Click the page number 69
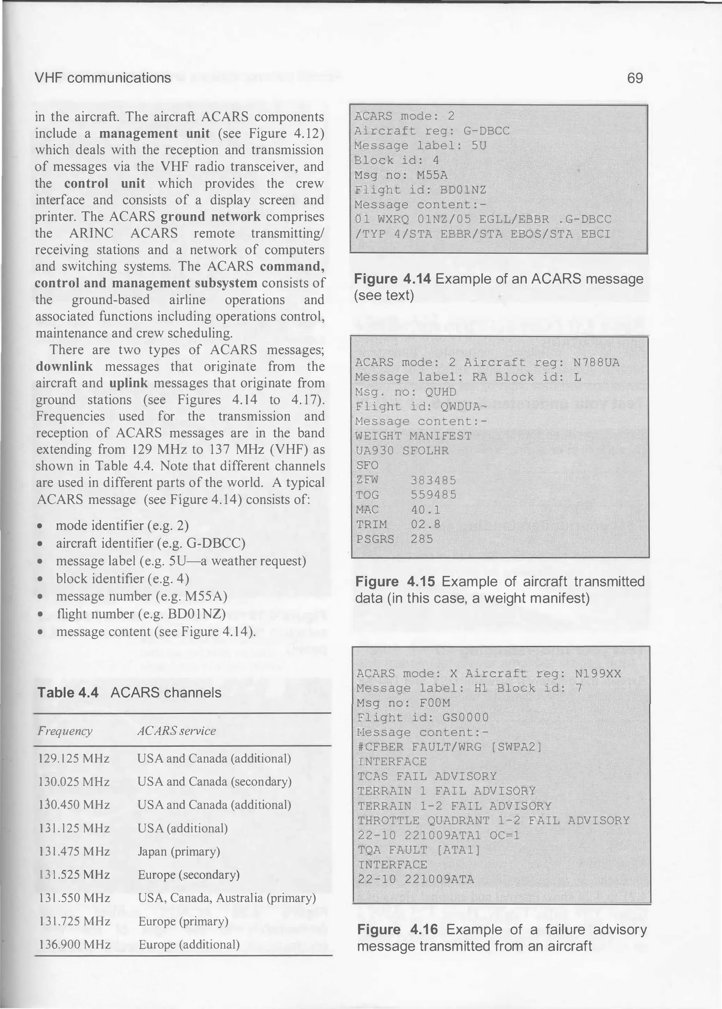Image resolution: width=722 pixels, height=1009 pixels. (635, 78)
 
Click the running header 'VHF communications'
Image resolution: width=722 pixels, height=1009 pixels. (103, 78)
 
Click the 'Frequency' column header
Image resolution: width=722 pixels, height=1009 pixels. (65, 731)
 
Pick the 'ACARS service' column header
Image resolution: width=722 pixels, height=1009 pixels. (177, 731)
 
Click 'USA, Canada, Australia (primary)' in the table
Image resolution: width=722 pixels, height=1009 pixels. (227, 898)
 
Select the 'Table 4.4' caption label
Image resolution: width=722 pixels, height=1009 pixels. (68, 693)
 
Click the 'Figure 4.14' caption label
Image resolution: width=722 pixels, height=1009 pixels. (393, 279)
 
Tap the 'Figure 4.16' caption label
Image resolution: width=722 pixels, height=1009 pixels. (397, 929)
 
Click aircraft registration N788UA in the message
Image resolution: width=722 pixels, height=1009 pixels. (596, 363)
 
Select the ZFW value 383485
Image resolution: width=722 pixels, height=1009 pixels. (434, 480)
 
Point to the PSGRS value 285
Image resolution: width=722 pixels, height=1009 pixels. (422, 539)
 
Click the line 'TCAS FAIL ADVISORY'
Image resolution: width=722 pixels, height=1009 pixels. (427, 776)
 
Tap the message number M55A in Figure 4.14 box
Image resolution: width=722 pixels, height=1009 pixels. (432, 175)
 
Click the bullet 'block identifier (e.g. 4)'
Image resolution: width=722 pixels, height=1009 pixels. (122, 579)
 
